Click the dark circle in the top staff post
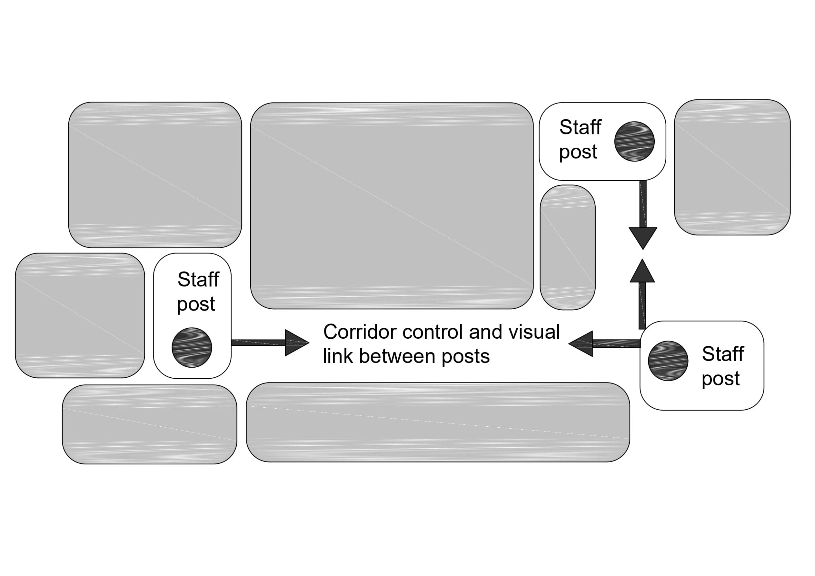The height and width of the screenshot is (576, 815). pos(634,142)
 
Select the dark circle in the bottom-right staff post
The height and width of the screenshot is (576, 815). pos(668,361)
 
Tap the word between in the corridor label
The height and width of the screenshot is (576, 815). pos(398,356)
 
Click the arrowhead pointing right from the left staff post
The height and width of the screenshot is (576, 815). pos(296,343)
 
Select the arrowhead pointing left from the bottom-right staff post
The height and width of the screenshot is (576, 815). pos(582,343)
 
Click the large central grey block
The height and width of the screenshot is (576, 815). pos(392,206)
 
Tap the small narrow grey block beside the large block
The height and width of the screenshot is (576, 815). pos(567,247)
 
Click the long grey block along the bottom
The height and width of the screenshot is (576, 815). pos(438,422)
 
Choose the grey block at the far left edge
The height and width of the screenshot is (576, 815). pos(80,316)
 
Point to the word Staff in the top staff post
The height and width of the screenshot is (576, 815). pos(580,127)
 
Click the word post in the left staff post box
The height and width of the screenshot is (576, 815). pos(196,304)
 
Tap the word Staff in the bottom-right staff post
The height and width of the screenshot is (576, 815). pos(723,354)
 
